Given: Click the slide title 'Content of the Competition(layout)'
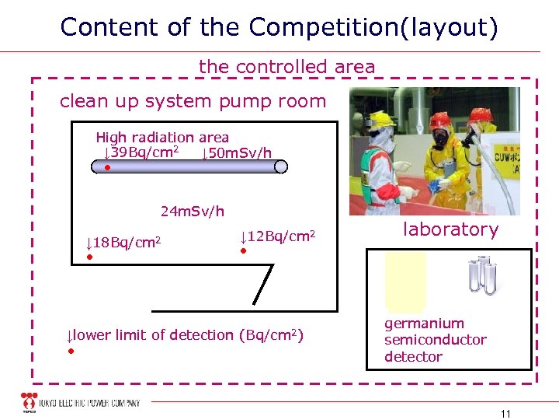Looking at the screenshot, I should click(x=279, y=27).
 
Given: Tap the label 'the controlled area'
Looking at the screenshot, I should click(x=286, y=67).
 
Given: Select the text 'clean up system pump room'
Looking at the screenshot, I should click(x=193, y=101).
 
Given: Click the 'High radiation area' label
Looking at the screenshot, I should click(x=162, y=138).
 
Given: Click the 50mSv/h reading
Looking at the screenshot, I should click(x=236, y=152).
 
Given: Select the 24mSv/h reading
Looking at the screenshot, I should click(x=192, y=211).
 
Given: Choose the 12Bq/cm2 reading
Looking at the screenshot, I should click(x=277, y=236).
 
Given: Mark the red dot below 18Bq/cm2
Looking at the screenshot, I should click(x=89, y=257).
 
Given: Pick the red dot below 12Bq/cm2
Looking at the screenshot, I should click(x=242, y=251).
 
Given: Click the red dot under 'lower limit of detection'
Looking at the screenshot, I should click(x=70, y=352).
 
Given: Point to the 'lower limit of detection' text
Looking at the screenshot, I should click(x=185, y=335).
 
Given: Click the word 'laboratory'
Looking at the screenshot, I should click(x=450, y=229).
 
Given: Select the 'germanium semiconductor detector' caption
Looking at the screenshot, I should click(x=435, y=340).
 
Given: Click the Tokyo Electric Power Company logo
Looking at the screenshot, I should click(x=82, y=403).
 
